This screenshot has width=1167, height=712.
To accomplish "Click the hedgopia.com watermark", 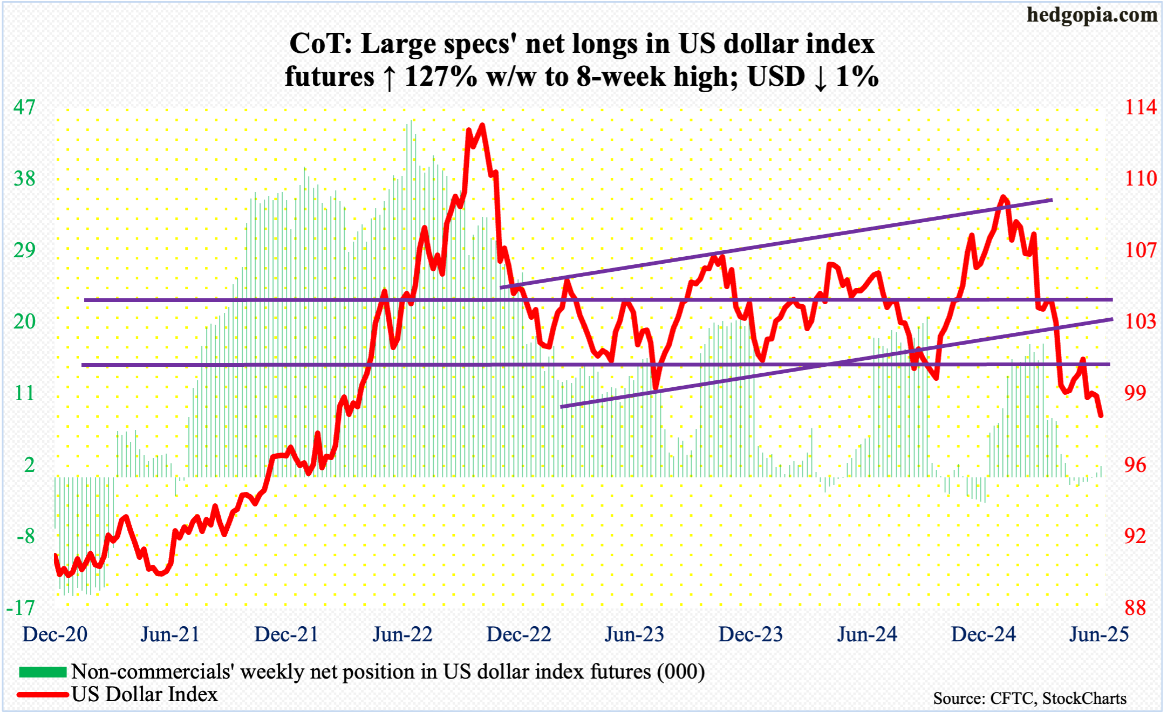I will (1091, 15).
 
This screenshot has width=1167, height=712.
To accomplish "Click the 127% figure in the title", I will (440, 77).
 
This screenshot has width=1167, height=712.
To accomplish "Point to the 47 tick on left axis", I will (24, 107).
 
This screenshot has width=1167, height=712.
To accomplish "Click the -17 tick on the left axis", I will (21, 608).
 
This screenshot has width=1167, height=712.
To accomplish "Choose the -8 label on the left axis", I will (25, 536).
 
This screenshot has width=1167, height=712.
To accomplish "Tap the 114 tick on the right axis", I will (1141, 107).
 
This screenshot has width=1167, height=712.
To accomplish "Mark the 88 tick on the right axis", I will (1135, 608).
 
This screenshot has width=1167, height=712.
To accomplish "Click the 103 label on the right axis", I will (1141, 321).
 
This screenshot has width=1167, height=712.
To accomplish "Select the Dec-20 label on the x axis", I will (54, 634).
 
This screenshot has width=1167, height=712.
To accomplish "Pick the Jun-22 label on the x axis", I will (402, 634).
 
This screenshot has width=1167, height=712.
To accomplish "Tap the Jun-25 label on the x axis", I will (1099, 634).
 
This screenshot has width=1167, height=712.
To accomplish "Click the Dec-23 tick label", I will (750, 634).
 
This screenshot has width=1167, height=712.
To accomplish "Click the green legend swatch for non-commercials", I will (43, 672).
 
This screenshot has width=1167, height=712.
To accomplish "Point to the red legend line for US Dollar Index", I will (43, 695).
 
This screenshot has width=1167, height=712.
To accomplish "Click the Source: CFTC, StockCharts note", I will (1029, 699).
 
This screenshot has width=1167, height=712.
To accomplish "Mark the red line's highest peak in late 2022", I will (482, 126).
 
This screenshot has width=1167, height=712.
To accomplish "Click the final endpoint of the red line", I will (1101, 415).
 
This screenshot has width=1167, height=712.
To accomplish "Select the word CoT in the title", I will (317, 44).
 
